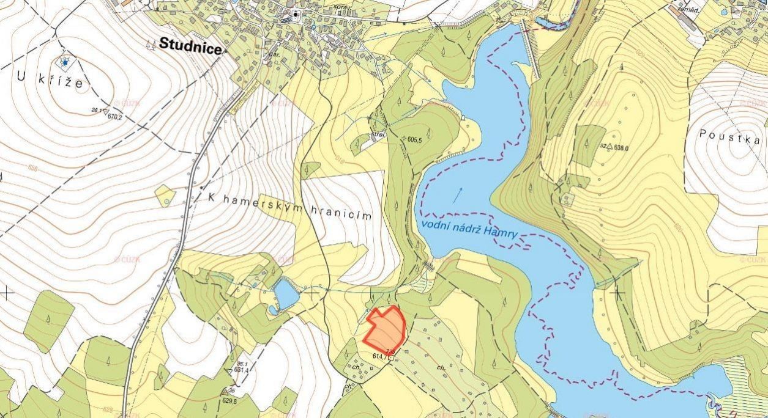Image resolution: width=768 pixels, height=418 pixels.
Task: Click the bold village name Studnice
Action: coord(190,45)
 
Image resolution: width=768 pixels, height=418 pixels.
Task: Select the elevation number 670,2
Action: coord(115,117)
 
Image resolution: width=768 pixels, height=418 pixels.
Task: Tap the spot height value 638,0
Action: coord(622,147)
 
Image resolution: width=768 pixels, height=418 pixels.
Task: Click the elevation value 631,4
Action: coord(240,370)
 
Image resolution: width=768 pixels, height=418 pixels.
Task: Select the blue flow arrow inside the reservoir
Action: coord(457,194)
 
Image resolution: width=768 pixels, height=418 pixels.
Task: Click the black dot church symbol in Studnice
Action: coord(297,14)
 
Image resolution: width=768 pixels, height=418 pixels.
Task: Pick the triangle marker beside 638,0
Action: coord(610,147)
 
